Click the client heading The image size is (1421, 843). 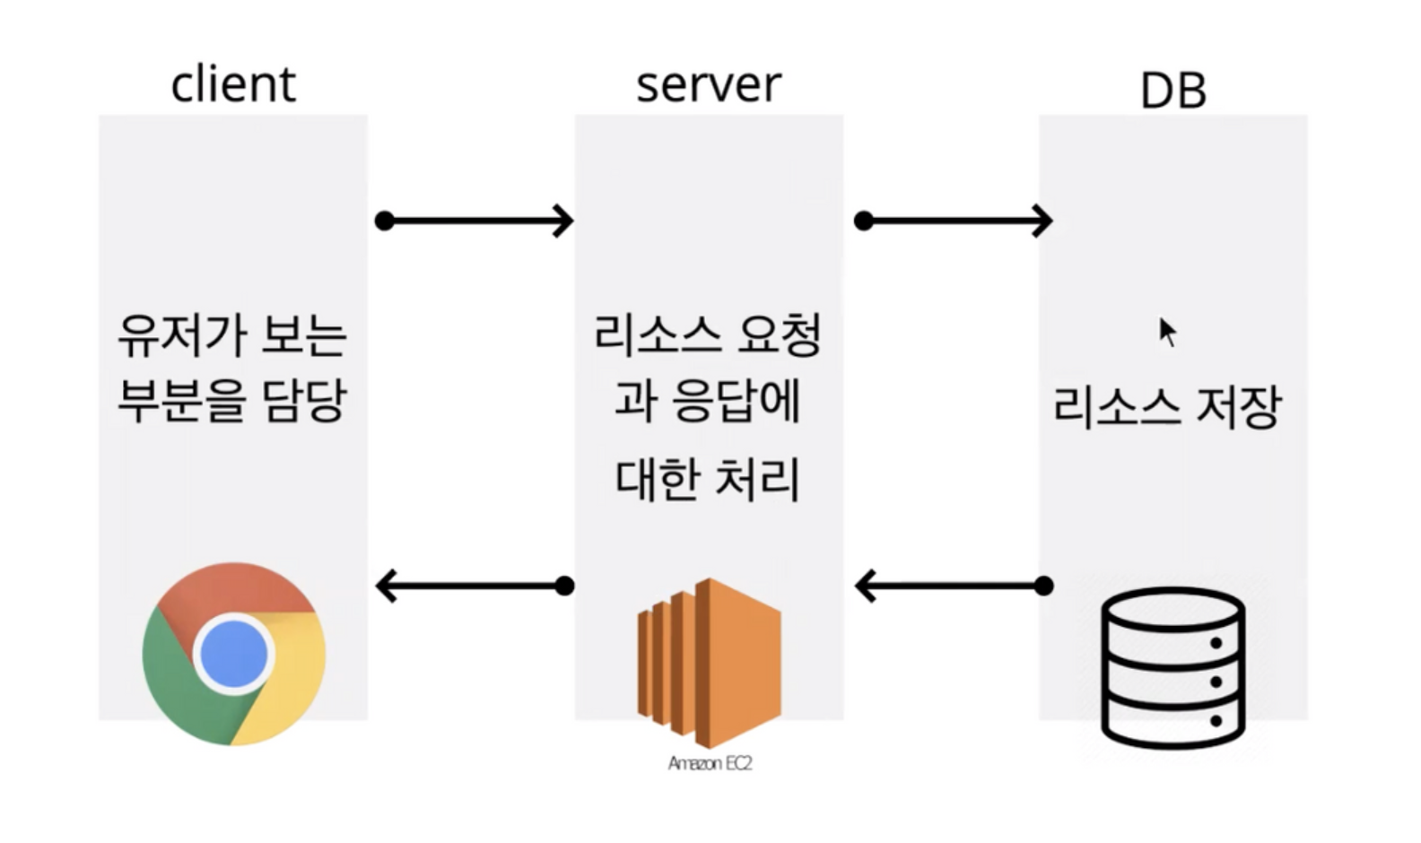click(x=233, y=84)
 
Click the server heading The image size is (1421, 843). click(x=709, y=84)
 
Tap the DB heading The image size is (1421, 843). click(x=1173, y=91)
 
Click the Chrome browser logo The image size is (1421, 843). click(x=234, y=654)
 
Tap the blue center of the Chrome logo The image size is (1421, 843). click(x=234, y=654)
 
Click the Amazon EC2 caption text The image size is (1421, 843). click(x=710, y=763)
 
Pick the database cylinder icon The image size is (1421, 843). click(x=1173, y=667)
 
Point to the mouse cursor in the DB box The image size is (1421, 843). click(x=1166, y=331)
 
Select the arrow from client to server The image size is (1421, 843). click(x=475, y=221)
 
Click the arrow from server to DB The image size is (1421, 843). click(x=955, y=221)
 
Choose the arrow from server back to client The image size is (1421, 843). click(x=475, y=586)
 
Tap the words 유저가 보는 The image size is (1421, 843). click(x=232, y=335)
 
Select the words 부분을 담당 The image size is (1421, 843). click(x=232, y=400)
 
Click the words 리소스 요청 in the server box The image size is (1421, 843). click(x=708, y=335)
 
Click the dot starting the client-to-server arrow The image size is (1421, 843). click(x=385, y=221)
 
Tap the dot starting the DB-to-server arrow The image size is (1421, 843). click(x=1043, y=586)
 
